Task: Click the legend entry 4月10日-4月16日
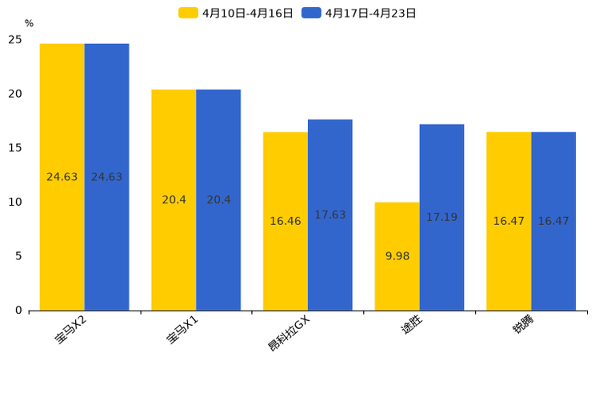pos(236,13)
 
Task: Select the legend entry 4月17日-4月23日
pos(360,13)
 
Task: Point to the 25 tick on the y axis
pos(15,39)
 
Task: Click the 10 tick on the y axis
pos(15,202)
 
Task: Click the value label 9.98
pos(397,256)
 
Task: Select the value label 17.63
pos(330,215)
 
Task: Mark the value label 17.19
pos(441,217)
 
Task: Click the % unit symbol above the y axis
pos(29,24)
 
